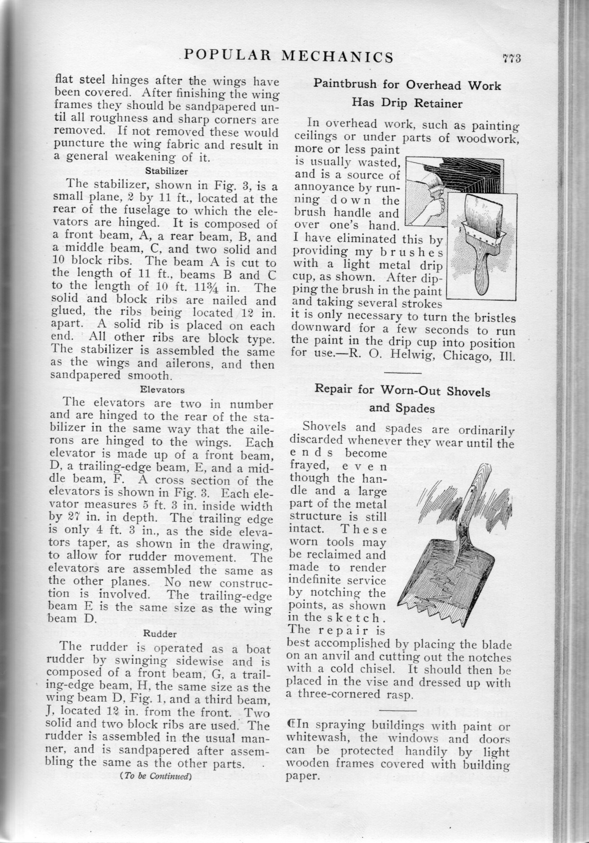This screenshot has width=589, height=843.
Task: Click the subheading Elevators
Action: [162, 389]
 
